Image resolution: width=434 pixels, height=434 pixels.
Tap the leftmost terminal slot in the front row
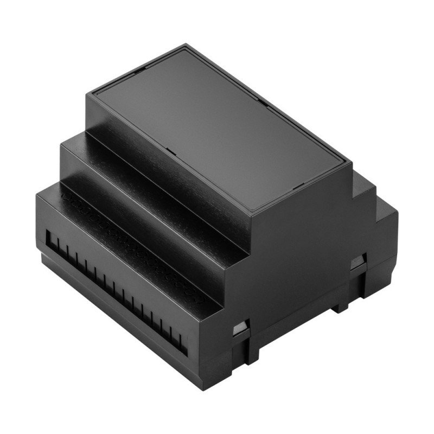click(50, 239)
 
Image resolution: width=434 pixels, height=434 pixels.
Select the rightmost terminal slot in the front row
click(183, 343)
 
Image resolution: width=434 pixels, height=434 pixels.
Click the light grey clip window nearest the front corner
click(239, 329)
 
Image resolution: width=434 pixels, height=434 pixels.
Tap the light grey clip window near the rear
click(357, 265)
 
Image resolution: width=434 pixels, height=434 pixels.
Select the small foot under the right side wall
click(341, 307)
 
